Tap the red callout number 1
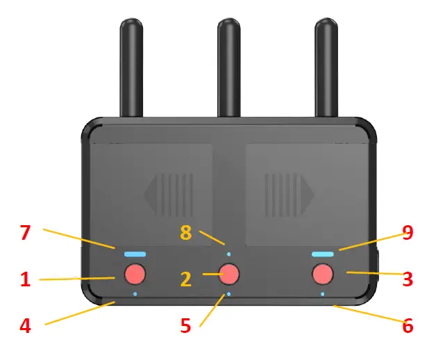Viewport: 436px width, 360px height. pyautogui.click(x=26, y=280)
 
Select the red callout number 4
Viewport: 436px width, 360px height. pyautogui.click(x=26, y=326)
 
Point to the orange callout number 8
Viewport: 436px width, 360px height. pyautogui.click(x=185, y=233)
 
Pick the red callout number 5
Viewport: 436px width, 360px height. pyautogui.click(x=185, y=326)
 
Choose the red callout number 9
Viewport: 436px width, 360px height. pyautogui.click(x=408, y=233)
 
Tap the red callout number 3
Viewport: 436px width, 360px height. pyautogui.click(x=408, y=280)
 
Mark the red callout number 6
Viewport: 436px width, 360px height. pyautogui.click(x=408, y=326)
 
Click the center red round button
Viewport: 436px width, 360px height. pyautogui.click(x=228, y=274)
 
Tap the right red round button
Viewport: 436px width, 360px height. pyautogui.click(x=322, y=275)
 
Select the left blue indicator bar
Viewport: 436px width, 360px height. pyautogui.click(x=135, y=254)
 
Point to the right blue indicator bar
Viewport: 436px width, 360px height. pyautogui.click(x=322, y=254)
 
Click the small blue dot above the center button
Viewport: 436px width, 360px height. pyautogui.click(x=228, y=245)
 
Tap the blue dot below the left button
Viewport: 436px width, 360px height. pyautogui.click(x=135, y=294)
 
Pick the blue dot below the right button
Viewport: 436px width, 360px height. pyautogui.click(x=322, y=294)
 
